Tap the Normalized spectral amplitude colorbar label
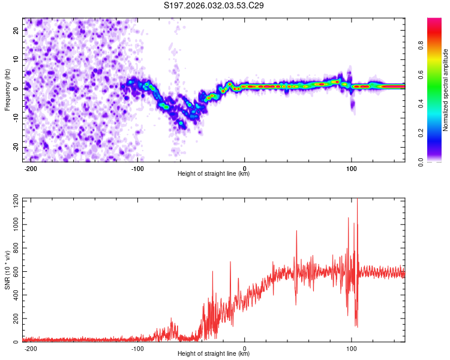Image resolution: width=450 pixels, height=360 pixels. coord(446,90)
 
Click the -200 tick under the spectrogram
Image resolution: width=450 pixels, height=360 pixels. coord(31,168)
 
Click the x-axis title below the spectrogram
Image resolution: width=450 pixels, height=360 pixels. coord(214,174)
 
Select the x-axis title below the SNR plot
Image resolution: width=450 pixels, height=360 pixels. coord(214,354)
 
